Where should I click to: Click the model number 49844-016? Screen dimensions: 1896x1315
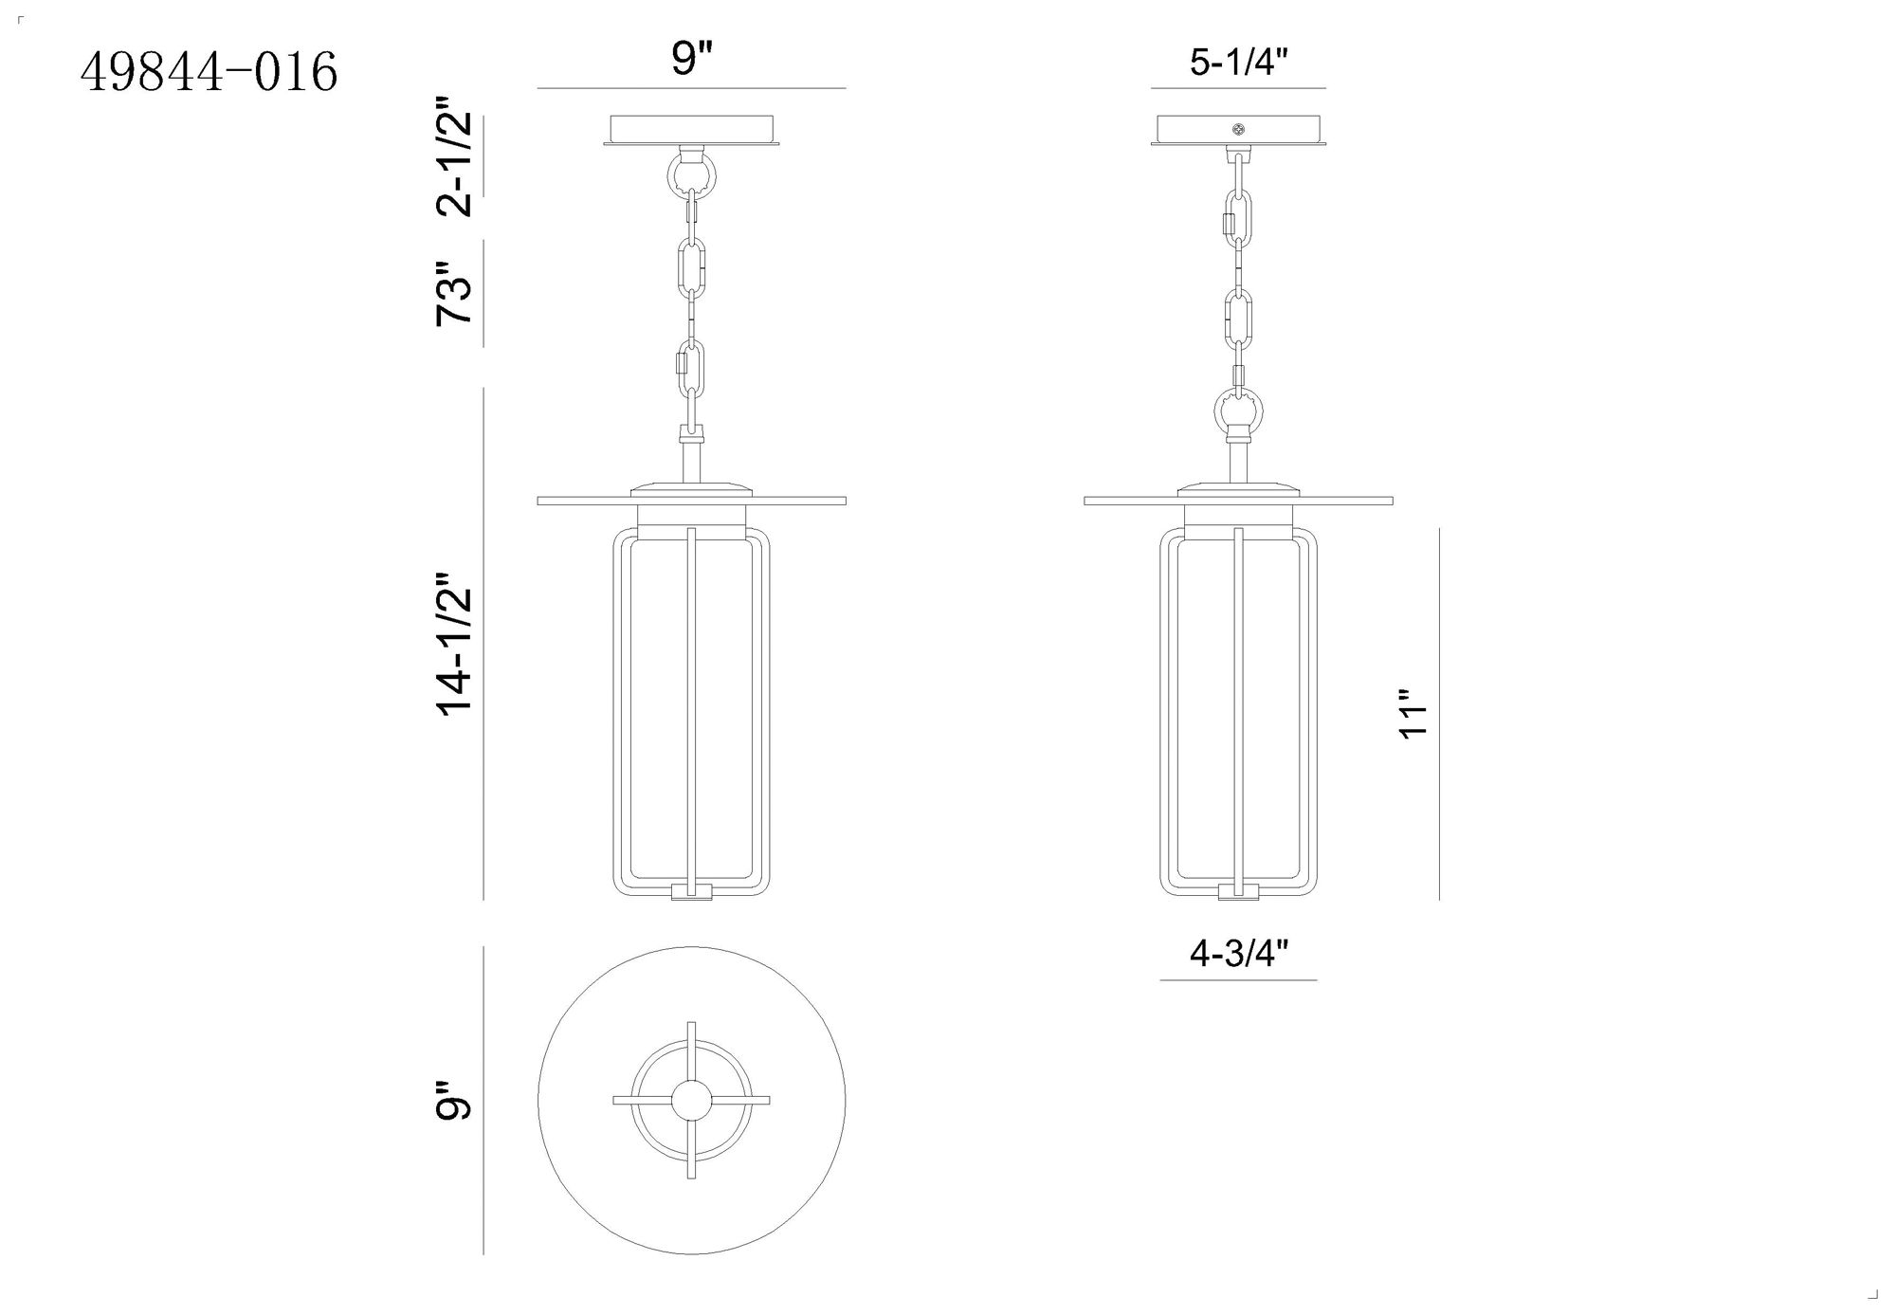coord(210,73)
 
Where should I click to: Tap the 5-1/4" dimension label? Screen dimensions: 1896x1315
coord(1239,63)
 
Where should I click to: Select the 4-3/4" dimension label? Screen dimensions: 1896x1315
coord(1239,954)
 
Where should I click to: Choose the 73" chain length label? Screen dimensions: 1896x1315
coord(454,294)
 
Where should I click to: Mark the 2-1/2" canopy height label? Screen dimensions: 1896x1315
coord(454,164)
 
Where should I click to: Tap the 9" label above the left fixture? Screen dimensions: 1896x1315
coord(692,60)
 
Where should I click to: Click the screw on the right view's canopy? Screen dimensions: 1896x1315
coord(1237,129)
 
